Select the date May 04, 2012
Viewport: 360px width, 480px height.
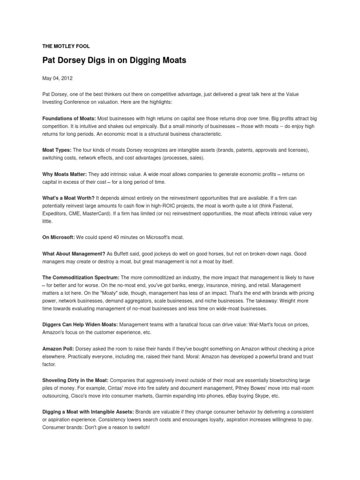[x=57, y=78]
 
